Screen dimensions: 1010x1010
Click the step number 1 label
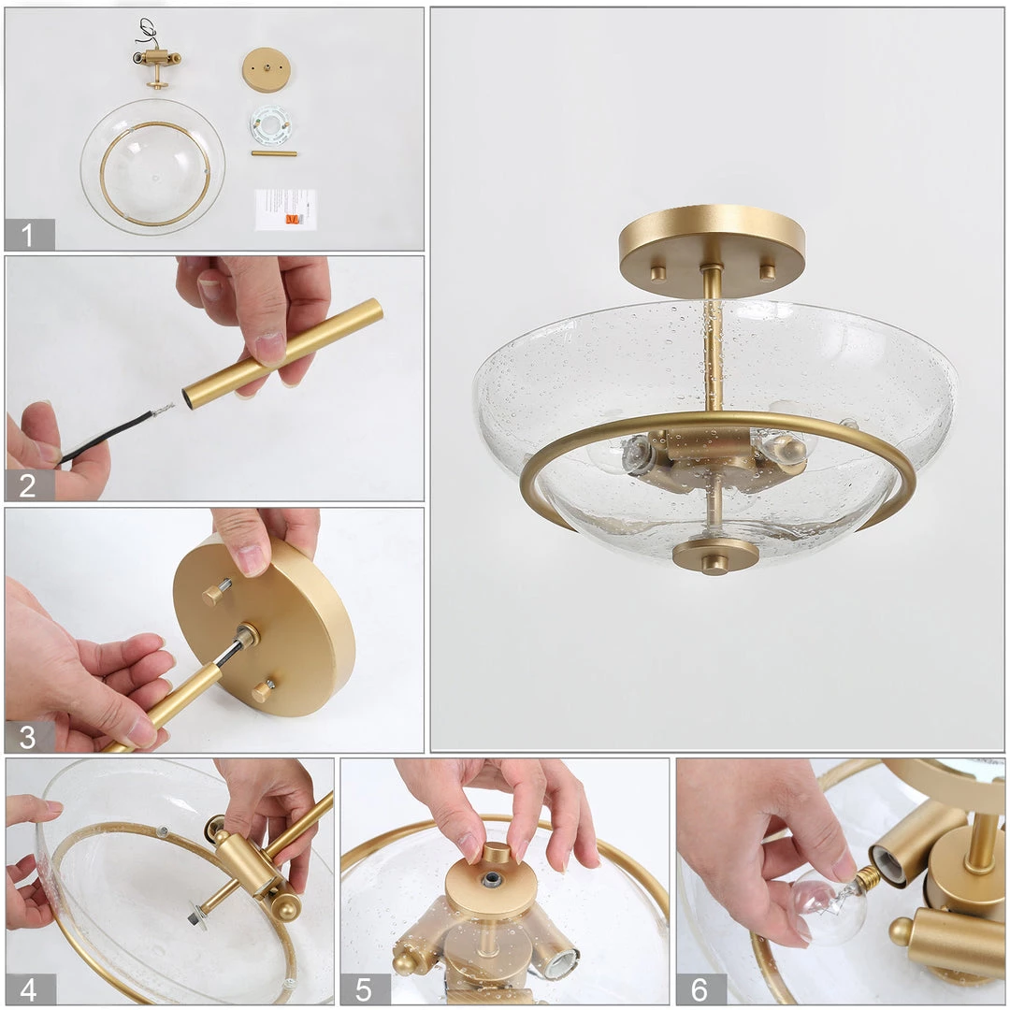(28, 235)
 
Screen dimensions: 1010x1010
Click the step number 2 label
(28, 484)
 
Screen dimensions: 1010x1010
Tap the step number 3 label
(28, 737)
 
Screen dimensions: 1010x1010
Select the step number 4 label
(28, 988)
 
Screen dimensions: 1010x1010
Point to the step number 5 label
(363, 988)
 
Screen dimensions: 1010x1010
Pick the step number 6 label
(700, 988)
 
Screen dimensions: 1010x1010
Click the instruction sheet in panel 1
(285, 209)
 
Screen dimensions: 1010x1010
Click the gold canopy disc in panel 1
(266, 69)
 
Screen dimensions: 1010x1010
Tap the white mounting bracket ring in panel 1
(269, 124)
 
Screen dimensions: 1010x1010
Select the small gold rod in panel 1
(273, 153)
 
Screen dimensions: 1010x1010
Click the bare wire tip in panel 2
(166, 409)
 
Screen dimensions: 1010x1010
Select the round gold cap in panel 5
(491, 884)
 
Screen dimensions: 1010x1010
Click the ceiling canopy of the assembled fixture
(712, 247)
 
